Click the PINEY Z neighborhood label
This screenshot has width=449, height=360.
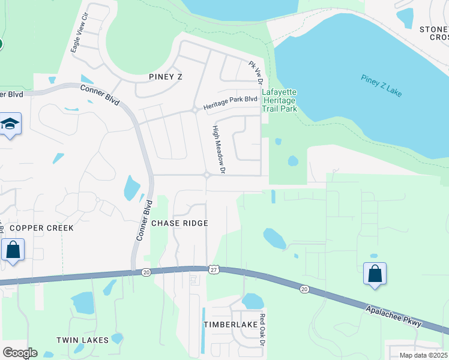click(165, 77)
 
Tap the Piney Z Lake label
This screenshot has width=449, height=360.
click(382, 86)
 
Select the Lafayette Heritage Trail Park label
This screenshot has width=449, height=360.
click(280, 100)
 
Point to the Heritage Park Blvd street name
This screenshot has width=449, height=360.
click(230, 103)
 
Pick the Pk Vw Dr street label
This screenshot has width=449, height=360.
click(256, 72)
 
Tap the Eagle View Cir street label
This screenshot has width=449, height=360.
click(79, 34)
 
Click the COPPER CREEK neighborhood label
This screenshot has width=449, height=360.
click(42, 228)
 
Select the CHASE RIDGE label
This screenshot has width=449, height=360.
click(179, 223)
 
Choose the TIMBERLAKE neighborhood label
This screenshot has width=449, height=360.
click(230, 324)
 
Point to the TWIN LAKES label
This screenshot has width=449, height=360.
click(83, 340)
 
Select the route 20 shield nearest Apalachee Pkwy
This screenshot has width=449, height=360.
click(305, 289)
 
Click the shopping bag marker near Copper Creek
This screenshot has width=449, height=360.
click(13, 250)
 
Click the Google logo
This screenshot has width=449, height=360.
click(20, 353)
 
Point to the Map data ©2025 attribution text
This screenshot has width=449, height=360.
click(423, 355)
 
